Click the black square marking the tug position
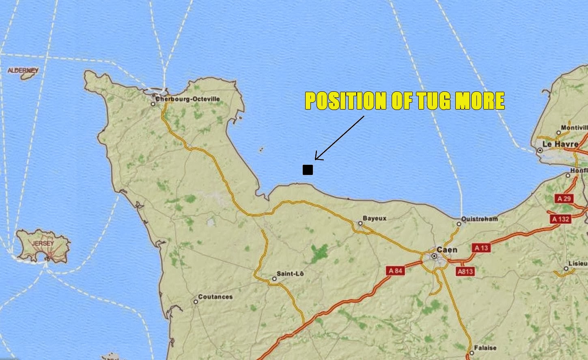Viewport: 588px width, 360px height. [308, 170]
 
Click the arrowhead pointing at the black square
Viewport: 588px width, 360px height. [317, 159]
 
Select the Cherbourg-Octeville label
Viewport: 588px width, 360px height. [188, 99]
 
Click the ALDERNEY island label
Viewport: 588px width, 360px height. [23, 70]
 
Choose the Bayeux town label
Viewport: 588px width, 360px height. [375, 218]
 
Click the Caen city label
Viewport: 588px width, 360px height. [447, 250]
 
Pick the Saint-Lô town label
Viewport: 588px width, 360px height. [290, 274]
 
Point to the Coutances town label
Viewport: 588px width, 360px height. [215, 297]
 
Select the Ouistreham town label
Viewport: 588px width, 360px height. [480, 219]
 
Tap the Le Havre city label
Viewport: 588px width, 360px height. [560, 144]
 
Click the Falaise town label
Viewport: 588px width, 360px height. [485, 348]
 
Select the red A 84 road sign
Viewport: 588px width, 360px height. [395, 271]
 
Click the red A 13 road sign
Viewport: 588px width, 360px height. [481, 248]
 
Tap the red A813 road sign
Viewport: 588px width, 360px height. [465, 271]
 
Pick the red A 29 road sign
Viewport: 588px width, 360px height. [564, 198]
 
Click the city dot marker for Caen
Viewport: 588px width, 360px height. [434, 256]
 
